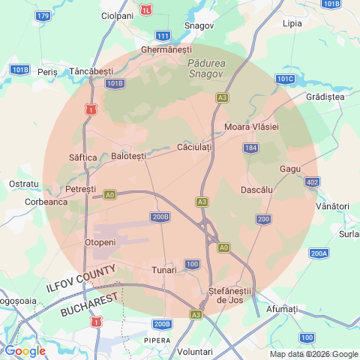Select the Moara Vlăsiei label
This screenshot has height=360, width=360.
point(251,127)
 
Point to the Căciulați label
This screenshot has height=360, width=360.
point(194,147)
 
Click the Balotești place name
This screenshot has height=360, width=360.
point(129,156)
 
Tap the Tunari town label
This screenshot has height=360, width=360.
point(164,269)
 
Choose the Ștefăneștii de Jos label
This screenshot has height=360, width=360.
point(232,295)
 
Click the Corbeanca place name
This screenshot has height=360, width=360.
point(46,201)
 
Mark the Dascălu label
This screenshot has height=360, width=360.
point(256,190)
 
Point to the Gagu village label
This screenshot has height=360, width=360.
point(289,169)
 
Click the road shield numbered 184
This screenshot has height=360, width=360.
point(250,148)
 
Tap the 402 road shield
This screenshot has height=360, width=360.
point(312,182)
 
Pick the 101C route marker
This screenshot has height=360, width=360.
point(285,79)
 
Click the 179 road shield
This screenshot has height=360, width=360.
point(43,16)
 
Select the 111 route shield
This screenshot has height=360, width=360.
point(163,36)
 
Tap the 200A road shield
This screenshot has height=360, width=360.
point(319,253)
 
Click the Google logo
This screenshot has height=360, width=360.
point(25,350)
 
